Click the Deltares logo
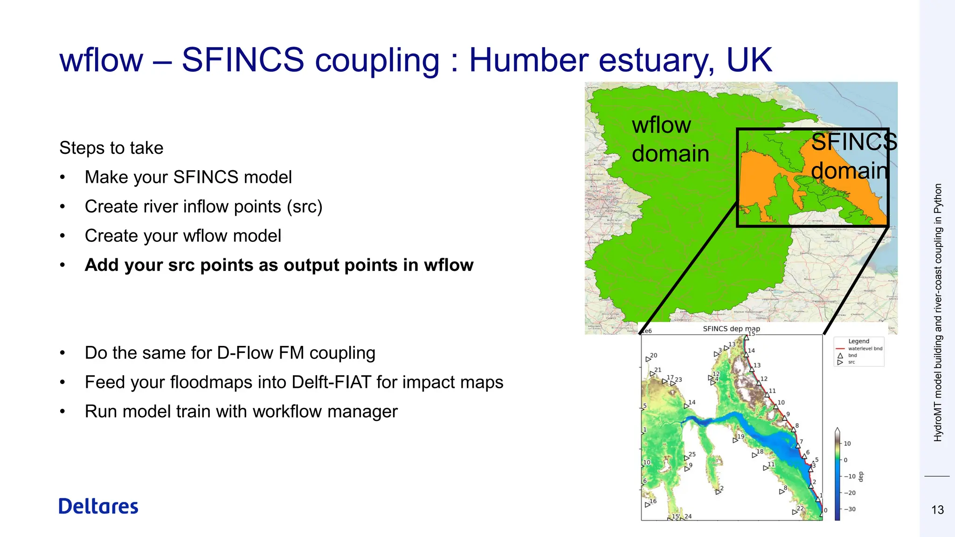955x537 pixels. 98,506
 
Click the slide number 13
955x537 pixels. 937,510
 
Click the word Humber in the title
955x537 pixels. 530,60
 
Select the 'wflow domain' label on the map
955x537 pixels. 670,139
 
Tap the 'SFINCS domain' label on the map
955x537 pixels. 852,156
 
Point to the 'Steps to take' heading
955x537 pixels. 111,148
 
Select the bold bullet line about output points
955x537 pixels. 279,265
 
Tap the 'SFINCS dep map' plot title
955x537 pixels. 731,329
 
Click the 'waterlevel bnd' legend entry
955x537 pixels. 865,348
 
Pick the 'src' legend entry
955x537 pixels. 851,362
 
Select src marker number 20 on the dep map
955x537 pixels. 648,359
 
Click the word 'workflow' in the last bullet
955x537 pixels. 297,412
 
